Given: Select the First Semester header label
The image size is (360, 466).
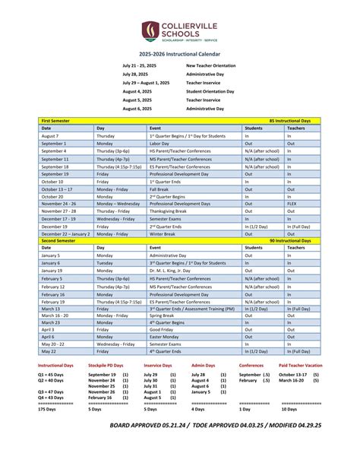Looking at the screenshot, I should click(57, 121).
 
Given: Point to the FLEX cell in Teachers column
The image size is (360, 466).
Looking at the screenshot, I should click(293, 204).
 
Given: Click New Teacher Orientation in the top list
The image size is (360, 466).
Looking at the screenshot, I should click(214, 66).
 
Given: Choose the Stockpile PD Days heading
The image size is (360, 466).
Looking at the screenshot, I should click(107, 366).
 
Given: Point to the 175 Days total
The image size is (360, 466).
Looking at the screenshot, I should click(50, 409).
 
